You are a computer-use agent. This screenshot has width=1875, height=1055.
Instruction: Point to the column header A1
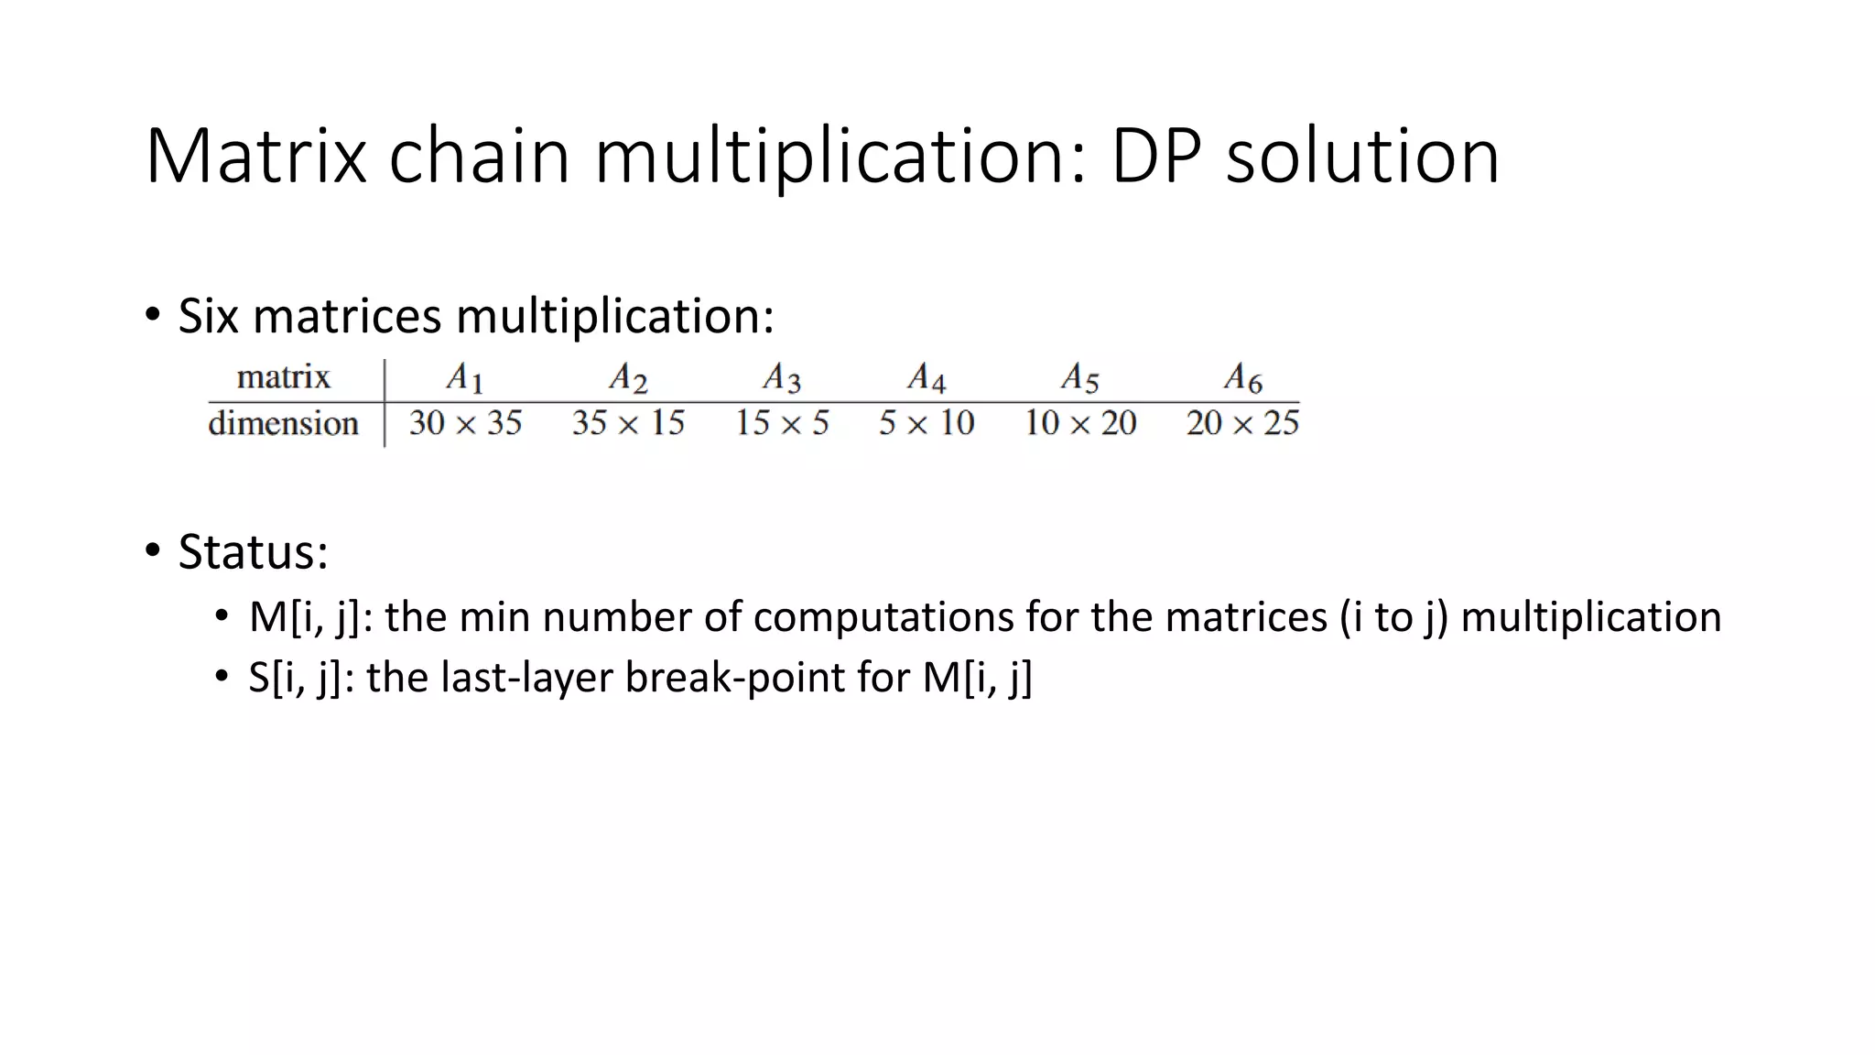pyautogui.click(x=465, y=377)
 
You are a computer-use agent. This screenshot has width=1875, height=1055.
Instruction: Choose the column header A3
pyautogui.click(x=782, y=377)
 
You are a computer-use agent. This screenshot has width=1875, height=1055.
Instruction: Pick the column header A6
pyautogui.click(x=1243, y=377)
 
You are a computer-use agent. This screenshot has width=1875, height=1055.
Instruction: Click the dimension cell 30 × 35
pyautogui.click(x=465, y=423)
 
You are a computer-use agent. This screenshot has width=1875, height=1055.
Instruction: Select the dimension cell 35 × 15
pyautogui.click(x=628, y=423)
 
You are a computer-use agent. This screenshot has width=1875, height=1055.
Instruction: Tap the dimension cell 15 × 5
pyautogui.click(x=782, y=423)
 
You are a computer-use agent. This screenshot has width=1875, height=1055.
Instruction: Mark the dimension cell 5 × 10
pyautogui.click(x=927, y=423)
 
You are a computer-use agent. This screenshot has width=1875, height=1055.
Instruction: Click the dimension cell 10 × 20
pyautogui.click(x=1080, y=423)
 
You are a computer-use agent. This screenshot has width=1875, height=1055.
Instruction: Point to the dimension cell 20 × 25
pyautogui.click(x=1242, y=423)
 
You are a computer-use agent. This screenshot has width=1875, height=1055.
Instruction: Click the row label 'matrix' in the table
pyautogui.click(x=283, y=377)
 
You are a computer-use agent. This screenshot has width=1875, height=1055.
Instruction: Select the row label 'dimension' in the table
pyautogui.click(x=283, y=424)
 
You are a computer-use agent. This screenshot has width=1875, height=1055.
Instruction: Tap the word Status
pyautogui.click(x=252, y=552)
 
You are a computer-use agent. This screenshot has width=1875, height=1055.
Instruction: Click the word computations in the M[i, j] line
pyautogui.click(x=883, y=617)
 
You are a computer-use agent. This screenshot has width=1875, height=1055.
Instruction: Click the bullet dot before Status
pyautogui.click(x=152, y=550)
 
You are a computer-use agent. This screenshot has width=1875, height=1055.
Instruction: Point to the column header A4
pyautogui.click(x=927, y=377)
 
